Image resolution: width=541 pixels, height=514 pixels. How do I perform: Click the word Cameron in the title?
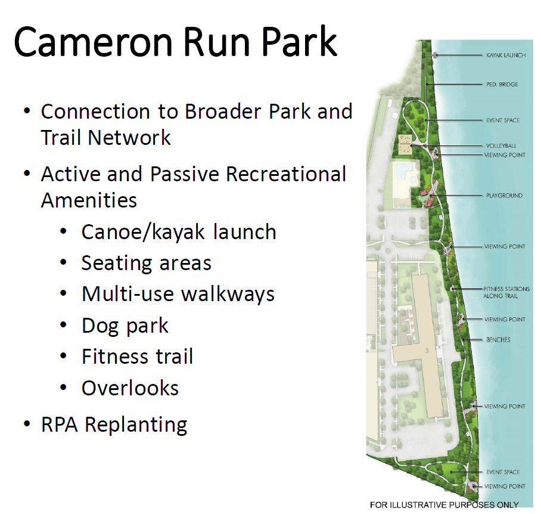(x=93, y=42)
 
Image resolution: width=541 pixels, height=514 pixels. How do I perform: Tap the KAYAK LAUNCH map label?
(x=506, y=55)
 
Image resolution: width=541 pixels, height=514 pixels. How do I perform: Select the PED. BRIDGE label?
(x=502, y=84)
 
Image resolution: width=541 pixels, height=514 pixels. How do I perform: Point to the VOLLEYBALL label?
(x=501, y=145)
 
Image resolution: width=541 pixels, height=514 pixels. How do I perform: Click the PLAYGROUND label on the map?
(x=504, y=196)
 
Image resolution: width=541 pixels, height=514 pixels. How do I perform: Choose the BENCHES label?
(x=498, y=340)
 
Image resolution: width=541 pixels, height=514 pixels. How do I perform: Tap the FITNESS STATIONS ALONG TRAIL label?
(x=506, y=292)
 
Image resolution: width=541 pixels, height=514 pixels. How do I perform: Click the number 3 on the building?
(x=427, y=351)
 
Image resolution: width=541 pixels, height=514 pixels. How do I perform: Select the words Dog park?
(x=125, y=326)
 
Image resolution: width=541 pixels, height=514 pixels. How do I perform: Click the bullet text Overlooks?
(x=130, y=388)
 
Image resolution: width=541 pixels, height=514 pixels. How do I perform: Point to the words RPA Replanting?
(x=114, y=425)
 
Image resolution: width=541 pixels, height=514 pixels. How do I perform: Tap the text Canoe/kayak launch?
(x=179, y=231)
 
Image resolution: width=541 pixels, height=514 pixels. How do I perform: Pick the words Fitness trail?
(x=137, y=356)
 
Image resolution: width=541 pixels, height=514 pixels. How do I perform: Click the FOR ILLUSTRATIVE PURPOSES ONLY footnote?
(x=444, y=505)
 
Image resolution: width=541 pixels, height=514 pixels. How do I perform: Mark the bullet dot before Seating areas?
(x=63, y=263)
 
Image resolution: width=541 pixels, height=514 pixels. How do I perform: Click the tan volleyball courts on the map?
(x=405, y=145)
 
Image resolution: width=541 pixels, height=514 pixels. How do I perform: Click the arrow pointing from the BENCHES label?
(x=472, y=340)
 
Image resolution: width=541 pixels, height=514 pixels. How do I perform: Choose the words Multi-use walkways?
(x=178, y=294)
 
